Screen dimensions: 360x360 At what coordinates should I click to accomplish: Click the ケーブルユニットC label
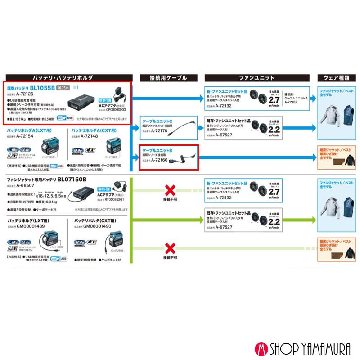pyautogui.click(x=157, y=122)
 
